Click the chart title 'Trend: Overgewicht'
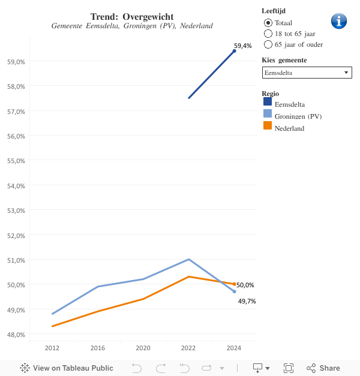point(132,16)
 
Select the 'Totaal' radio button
point(268,22)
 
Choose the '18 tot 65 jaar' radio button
point(268,34)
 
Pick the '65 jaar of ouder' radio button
point(268,44)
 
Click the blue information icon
point(339,21)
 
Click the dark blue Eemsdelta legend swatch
point(268,102)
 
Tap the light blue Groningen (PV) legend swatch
point(268,114)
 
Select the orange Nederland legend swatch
point(268,126)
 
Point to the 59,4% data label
point(243,46)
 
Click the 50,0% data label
point(245,285)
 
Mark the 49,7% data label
point(247,301)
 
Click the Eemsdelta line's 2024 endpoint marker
point(234,51)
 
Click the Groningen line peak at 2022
point(189,259)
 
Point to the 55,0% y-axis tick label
point(16,161)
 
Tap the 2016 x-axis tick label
point(98,348)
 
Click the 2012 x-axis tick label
point(52,348)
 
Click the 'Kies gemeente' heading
point(284,60)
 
